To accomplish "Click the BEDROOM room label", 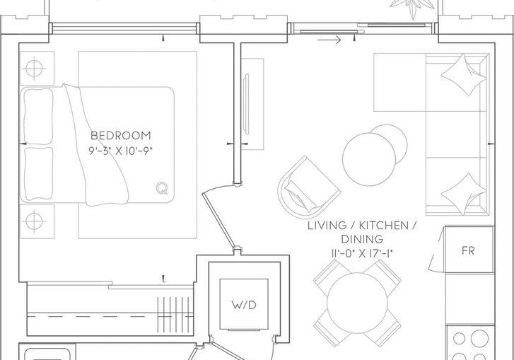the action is pyautogui.click(x=121, y=136).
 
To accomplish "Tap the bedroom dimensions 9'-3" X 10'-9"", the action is pyautogui.click(x=121, y=151).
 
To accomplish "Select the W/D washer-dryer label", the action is pyautogui.click(x=244, y=305).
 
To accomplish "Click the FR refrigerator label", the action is pyautogui.click(x=468, y=251).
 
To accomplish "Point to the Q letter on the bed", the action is pyautogui.click(x=162, y=188).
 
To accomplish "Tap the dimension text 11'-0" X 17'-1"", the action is pyautogui.click(x=362, y=253).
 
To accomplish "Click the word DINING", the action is pyautogui.click(x=362, y=239).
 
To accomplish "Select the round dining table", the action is pyautogui.click(x=357, y=302).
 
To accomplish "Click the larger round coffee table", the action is pyautogui.click(x=369, y=159).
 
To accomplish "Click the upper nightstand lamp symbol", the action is pyautogui.click(x=34, y=68).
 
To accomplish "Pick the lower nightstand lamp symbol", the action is pyautogui.click(x=34, y=221).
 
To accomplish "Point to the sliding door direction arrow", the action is pyautogui.click(x=329, y=40).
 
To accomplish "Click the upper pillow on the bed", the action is pyautogui.click(x=37, y=116).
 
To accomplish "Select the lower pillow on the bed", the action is pyautogui.click(x=37, y=174).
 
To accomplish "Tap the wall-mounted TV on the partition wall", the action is pyautogui.click(x=247, y=104).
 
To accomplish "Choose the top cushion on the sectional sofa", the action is pyautogui.click(x=463, y=75).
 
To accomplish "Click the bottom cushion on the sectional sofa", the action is pyautogui.click(x=463, y=194).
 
